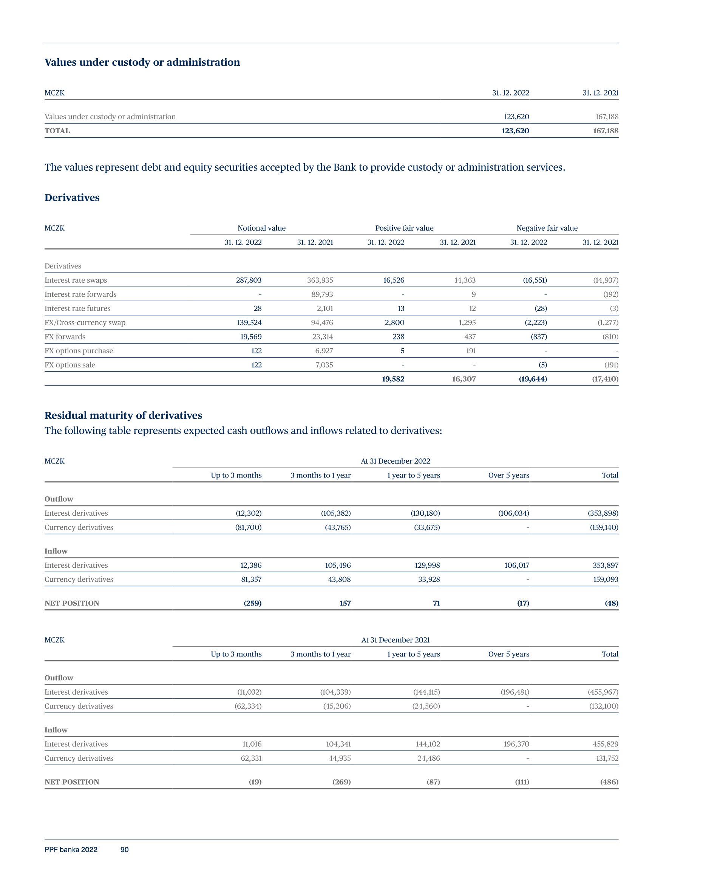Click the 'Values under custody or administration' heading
pyautogui.click(x=142, y=62)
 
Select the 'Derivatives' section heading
pyautogui.click(x=72, y=198)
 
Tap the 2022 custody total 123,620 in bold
pyautogui.click(x=515, y=131)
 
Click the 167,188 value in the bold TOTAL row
pyautogui.click(x=606, y=131)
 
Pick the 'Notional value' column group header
pyautogui.click(x=261, y=228)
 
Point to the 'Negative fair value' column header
pyautogui.click(x=547, y=228)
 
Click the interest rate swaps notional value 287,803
pyautogui.click(x=249, y=280)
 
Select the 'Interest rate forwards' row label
pyautogui.click(x=80, y=294)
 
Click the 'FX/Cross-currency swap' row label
pyautogui.click(x=85, y=322)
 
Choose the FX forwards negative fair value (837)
pyautogui.click(x=539, y=337)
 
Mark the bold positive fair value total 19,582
pyautogui.click(x=393, y=379)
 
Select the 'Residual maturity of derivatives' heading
pyautogui.click(x=123, y=415)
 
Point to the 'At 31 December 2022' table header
pyautogui.click(x=395, y=461)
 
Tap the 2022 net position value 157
pyautogui.click(x=345, y=603)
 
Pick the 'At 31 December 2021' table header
pyautogui.click(x=395, y=640)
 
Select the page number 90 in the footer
pyautogui.click(x=124, y=849)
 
